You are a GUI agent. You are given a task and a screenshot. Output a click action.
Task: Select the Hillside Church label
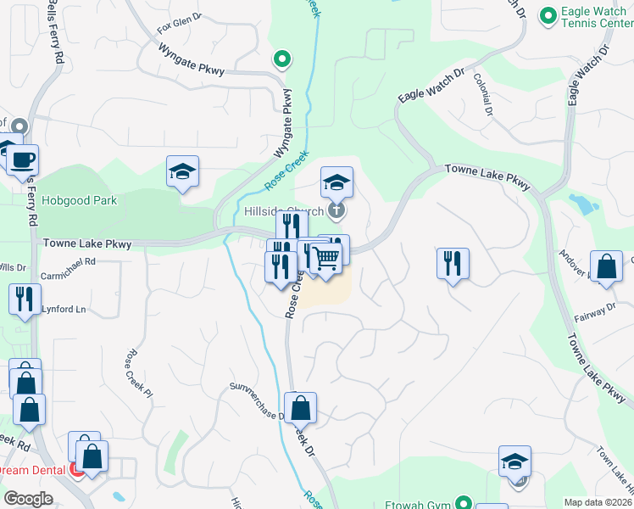[x=284, y=211]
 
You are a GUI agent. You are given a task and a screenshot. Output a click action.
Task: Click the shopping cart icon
[x=325, y=258]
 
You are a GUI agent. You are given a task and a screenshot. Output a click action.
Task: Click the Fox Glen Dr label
[x=180, y=16]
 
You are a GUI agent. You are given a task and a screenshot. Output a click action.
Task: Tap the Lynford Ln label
[x=64, y=310]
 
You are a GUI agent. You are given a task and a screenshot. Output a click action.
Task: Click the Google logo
[x=28, y=499]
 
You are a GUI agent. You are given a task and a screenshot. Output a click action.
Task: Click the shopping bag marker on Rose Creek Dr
[x=301, y=408]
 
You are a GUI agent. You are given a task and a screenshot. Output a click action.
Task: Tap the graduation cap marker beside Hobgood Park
[x=182, y=172]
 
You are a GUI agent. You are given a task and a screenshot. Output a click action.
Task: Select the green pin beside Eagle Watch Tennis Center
[x=548, y=15]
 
